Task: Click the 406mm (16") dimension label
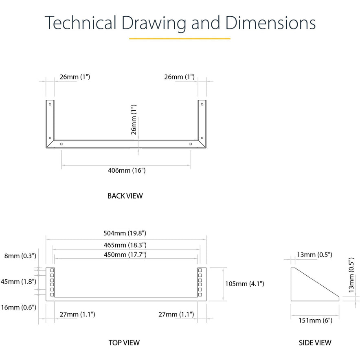[127, 170]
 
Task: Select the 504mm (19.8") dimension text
[125, 233]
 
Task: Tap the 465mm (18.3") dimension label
[125, 245]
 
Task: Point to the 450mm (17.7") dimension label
[125, 255]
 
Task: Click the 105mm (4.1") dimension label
[244, 284]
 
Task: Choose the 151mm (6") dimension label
[315, 320]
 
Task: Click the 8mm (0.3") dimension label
[20, 256]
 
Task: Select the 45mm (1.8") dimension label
[18, 281]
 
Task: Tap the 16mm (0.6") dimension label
[18, 307]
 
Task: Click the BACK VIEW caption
[125, 196]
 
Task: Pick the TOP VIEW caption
[124, 342]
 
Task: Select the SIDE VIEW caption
[315, 343]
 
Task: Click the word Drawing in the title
[154, 23]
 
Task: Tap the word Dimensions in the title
[270, 23]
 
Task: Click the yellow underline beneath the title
[180, 39]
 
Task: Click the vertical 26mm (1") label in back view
[134, 120]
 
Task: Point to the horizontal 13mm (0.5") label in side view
[314, 255]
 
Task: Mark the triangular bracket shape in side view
[315, 284]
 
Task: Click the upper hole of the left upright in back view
[50, 104]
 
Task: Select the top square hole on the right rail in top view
[200, 270]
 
